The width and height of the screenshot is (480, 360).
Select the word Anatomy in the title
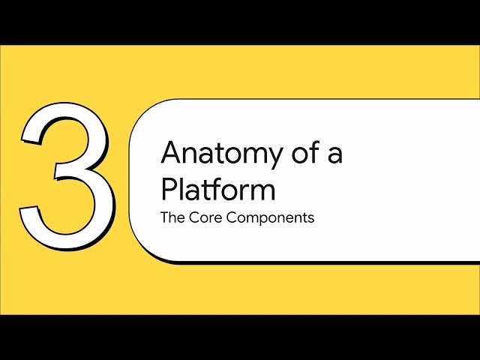click(x=214, y=154)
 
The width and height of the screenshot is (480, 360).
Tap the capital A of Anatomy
click(x=172, y=153)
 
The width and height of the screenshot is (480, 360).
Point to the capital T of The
click(x=164, y=219)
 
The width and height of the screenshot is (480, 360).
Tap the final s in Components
click(x=310, y=220)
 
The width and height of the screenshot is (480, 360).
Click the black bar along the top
click(x=240, y=22)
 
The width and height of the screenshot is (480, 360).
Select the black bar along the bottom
click(x=240, y=337)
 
